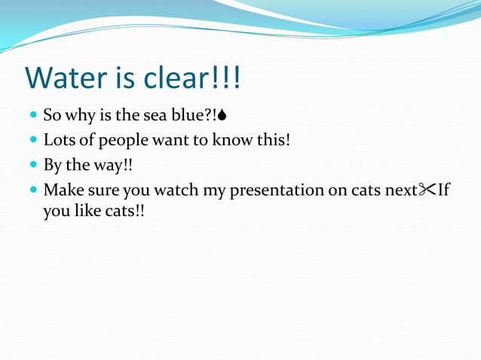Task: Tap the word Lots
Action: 59,140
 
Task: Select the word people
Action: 123,142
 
